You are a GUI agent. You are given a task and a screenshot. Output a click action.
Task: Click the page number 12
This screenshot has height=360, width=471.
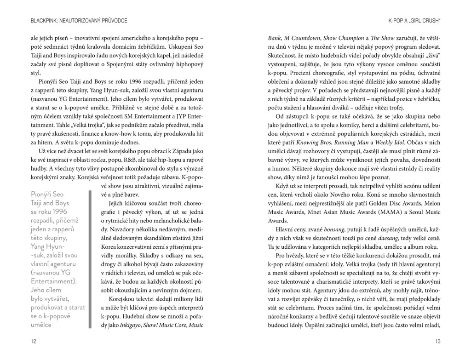pos(33,341)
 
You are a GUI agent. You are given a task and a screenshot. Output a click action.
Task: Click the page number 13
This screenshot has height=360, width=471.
pos(437,341)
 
